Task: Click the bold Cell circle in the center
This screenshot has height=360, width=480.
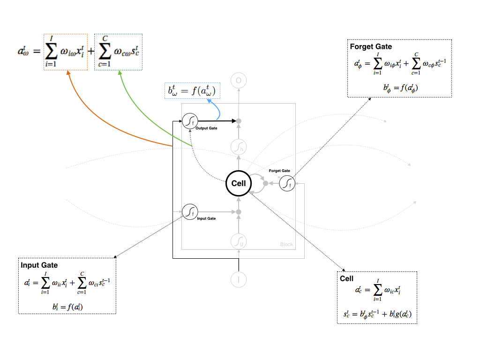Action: [x=239, y=183]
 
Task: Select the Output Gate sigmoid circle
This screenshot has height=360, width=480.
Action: [x=189, y=121]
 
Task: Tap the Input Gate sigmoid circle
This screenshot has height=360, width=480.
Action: [x=189, y=212]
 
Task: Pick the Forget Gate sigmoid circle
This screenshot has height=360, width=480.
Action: [x=286, y=183]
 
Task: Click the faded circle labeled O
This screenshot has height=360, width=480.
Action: [x=239, y=81]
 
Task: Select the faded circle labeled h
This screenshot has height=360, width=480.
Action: [x=239, y=147]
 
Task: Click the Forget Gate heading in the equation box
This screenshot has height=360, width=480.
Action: [x=371, y=47]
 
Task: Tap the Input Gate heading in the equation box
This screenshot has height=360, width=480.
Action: [x=39, y=265]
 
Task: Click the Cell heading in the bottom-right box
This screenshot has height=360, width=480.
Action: [x=347, y=278]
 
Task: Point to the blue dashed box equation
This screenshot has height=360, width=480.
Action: [x=193, y=90]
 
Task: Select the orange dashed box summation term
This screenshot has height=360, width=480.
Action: [x=66, y=52]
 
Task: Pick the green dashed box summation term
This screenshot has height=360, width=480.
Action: [x=118, y=52]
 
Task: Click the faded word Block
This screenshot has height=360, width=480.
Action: [x=286, y=244]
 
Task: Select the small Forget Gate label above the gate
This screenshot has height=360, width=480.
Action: [x=279, y=171]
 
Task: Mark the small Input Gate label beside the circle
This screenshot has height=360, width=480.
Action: [x=206, y=218]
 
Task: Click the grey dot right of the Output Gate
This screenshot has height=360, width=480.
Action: [x=239, y=121]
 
